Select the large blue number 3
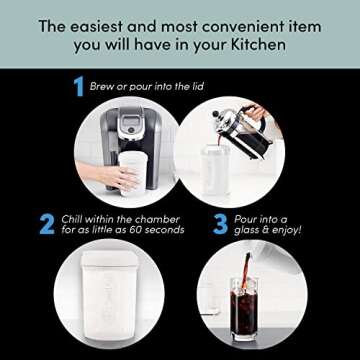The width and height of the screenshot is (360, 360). click(x=205, y=221)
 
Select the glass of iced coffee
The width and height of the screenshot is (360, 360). click(x=249, y=321)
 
